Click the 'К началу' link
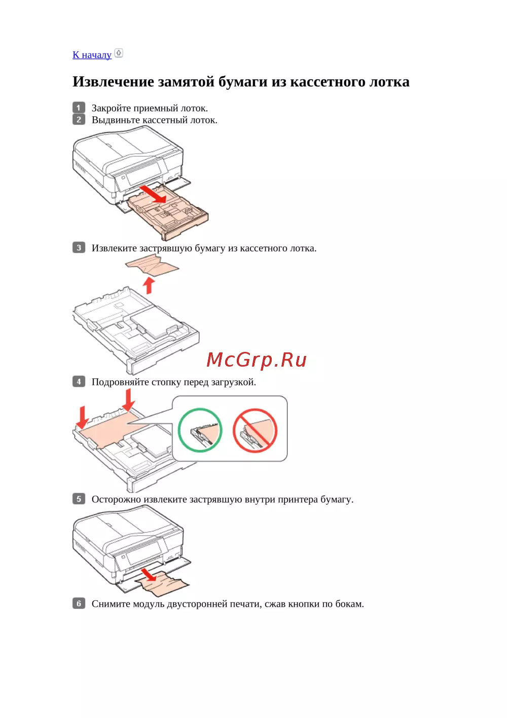pyautogui.click(x=92, y=55)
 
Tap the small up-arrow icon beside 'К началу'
pyautogui.click(x=119, y=53)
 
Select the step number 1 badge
pyautogui.click(x=79, y=108)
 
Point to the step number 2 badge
pyautogui.click(x=79, y=120)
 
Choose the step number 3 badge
pyautogui.click(x=79, y=248)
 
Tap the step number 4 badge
pyautogui.click(x=79, y=381)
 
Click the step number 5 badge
pyautogui.click(x=79, y=499)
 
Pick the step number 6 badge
pyautogui.click(x=79, y=603)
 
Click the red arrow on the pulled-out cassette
pyautogui.click(x=153, y=194)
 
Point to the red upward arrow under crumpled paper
pyautogui.click(x=148, y=285)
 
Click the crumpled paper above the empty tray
pyautogui.click(x=153, y=266)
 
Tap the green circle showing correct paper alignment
pyautogui.click(x=200, y=430)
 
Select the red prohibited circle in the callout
pyautogui.click(x=255, y=430)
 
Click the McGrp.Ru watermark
pyautogui.click(x=257, y=360)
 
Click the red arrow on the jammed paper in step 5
pyautogui.click(x=149, y=574)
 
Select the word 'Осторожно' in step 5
pyautogui.click(x=116, y=499)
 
